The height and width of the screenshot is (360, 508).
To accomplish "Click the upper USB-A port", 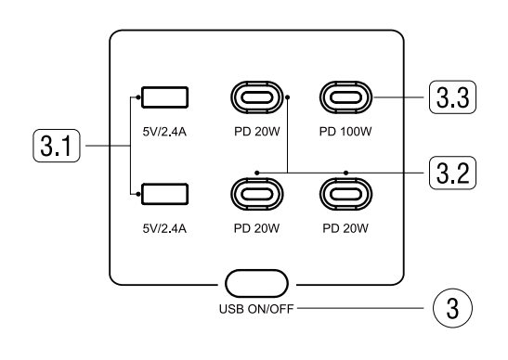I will click(x=164, y=97).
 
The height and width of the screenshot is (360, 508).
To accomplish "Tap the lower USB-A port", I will click(x=164, y=194).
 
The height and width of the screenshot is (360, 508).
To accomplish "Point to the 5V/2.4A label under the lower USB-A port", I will click(x=164, y=226).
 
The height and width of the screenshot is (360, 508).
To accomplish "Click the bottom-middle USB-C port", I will click(x=254, y=193).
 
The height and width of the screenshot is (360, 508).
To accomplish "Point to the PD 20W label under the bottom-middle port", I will click(x=254, y=226).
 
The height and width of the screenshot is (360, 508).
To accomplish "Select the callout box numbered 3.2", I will click(x=450, y=172).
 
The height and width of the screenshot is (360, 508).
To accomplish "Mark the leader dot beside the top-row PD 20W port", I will click(x=288, y=96).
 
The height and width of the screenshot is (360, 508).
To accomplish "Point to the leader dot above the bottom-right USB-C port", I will click(x=345, y=172).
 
